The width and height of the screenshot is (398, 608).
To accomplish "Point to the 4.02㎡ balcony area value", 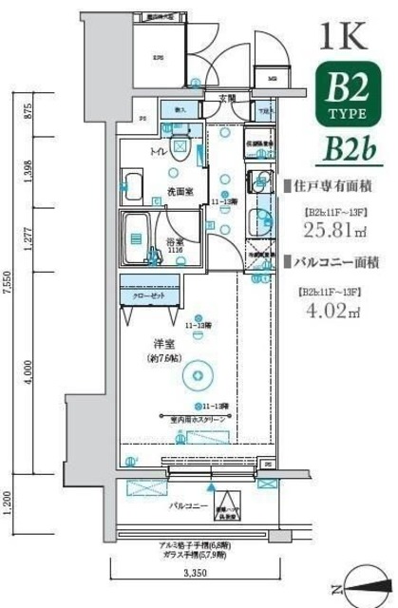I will pos(330,311).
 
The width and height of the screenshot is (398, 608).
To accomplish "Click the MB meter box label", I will pos(271,79).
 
